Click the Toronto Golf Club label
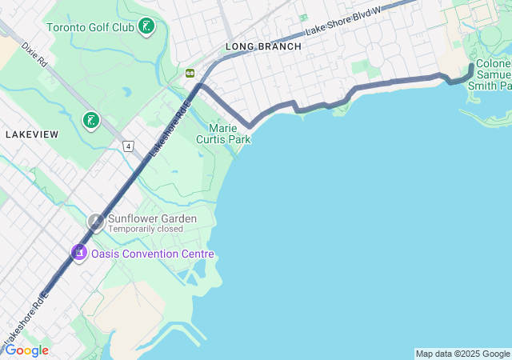pos(90,27)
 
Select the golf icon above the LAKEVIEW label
pos(91,121)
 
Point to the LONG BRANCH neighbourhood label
pos(263,46)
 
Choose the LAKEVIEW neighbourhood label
pos(31,134)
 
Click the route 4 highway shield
pos(127,146)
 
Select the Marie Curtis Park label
pos(229,134)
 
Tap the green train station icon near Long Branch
pos(190,73)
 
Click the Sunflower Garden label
pos(152,218)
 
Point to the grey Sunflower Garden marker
pos(96,222)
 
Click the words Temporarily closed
pos(146,229)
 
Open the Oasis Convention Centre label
pos(153,254)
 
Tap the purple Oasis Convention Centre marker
pos(78,253)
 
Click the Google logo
pos(26,350)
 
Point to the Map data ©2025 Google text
pos(462,354)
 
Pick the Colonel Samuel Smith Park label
pos(493,74)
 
